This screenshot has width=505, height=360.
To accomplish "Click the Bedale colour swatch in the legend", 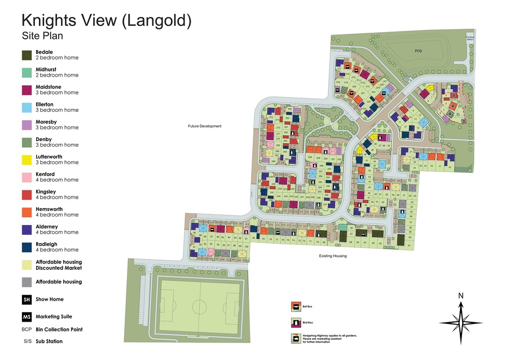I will tap(27, 55).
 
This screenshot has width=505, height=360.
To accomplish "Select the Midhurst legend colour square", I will tap(27, 73).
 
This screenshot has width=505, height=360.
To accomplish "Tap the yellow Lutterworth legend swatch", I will tap(27, 160).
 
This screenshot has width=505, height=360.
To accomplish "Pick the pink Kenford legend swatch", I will tap(27, 177).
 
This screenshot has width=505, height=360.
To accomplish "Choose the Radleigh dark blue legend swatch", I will tap(27, 247).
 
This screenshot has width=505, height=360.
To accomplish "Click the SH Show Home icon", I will tap(27, 300).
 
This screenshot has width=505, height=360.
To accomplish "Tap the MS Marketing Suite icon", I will tap(27, 317).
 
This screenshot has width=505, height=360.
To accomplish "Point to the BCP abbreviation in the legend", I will tap(27, 330).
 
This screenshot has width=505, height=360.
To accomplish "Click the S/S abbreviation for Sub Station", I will tap(27, 341).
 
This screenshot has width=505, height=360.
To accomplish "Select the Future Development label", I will tap(205, 126).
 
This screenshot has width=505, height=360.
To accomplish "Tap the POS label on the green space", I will tap(418, 51).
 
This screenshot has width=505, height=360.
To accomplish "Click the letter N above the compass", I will tap(460, 296).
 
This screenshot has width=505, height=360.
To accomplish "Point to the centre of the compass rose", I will tap(461, 322).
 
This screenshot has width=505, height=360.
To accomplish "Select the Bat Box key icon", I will tap(294, 306).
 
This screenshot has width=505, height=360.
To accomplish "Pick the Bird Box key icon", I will tap(294, 322).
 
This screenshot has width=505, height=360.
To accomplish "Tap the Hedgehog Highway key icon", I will tap(294, 339).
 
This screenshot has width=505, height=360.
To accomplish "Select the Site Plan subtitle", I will tap(42, 36).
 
